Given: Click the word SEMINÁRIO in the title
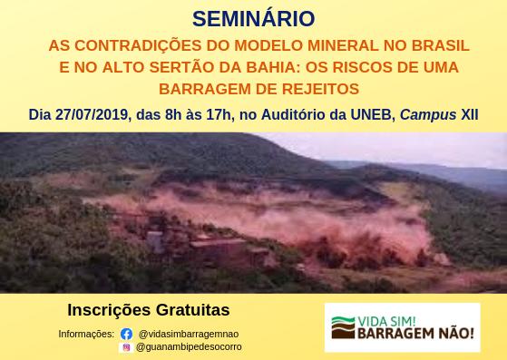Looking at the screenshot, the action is click(254, 19).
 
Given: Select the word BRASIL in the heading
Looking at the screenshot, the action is click(441, 45).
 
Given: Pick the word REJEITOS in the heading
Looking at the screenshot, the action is click(320, 89).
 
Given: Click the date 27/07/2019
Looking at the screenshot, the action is click(92, 115).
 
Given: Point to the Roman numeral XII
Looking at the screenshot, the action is click(470, 115).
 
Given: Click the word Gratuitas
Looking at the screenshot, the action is click(192, 310).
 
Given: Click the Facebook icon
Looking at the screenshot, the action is click(126, 334).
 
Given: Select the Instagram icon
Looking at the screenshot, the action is click(126, 347).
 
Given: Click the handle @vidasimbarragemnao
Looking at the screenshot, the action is click(189, 334).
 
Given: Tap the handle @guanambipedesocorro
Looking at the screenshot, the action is click(189, 347).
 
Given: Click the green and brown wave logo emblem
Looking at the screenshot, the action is click(343, 327).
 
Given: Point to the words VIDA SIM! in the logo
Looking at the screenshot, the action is click(386, 322).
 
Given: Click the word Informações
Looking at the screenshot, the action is click(86, 334).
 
